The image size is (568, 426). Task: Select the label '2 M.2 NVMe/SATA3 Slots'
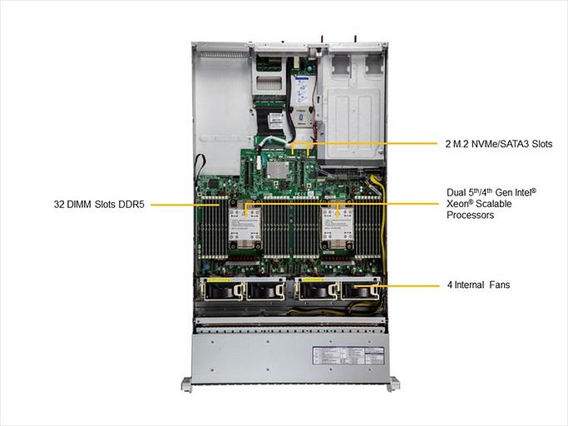[x=498, y=143]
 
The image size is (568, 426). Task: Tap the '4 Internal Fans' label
[x=478, y=285]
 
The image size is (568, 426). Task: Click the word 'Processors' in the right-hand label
[x=470, y=215]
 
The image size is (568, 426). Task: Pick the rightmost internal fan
[x=359, y=290]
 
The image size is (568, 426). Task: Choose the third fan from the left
[x=314, y=290]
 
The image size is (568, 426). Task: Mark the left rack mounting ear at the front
[x=187, y=384]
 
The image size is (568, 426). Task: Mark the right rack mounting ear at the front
[x=393, y=384]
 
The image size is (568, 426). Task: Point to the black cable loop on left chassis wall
[x=199, y=167]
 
